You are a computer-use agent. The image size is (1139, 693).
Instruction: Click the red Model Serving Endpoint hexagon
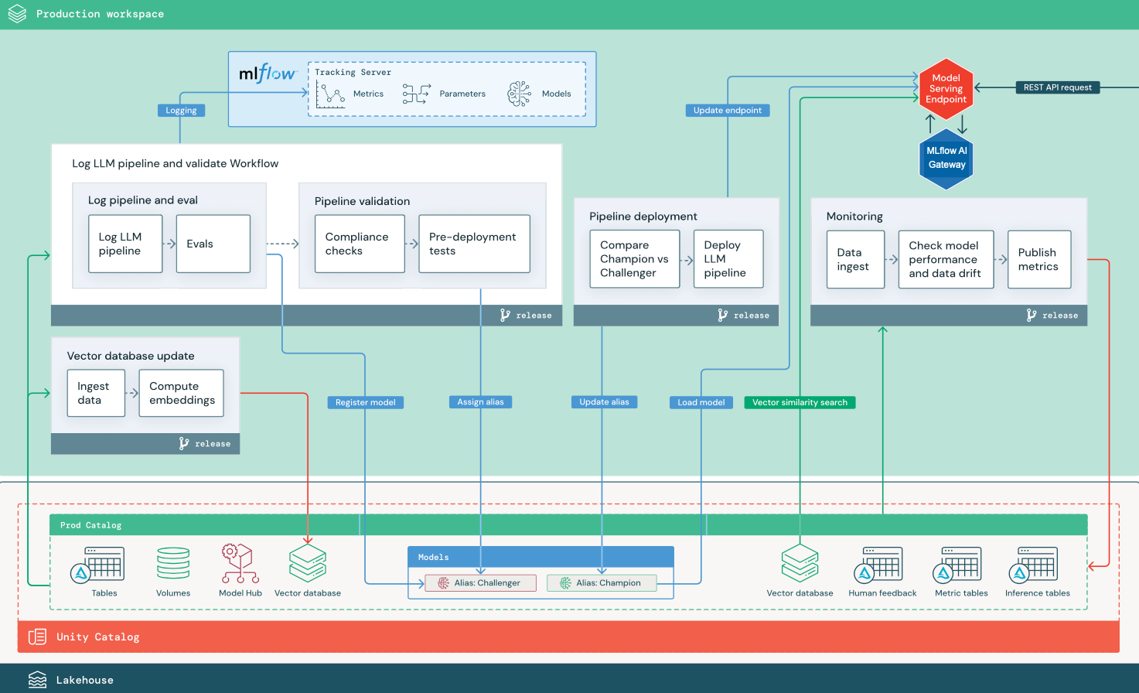(x=946, y=88)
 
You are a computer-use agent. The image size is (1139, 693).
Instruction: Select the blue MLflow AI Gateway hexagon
(x=946, y=159)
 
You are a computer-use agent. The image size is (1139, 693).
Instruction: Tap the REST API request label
(x=1057, y=87)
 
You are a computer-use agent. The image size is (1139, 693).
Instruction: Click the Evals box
(x=213, y=244)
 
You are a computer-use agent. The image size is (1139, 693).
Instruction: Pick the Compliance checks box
(x=360, y=244)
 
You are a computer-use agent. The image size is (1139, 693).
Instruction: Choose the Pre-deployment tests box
(x=474, y=244)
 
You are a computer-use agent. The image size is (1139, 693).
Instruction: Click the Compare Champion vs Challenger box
(x=634, y=259)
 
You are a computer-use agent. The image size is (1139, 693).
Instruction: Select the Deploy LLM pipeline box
(x=728, y=259)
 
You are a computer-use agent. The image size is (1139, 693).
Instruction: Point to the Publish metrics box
(x=1038, y=259)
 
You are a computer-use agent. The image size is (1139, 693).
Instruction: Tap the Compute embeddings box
(x=181, y=393)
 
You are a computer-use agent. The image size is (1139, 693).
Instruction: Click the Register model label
(x=365, y=402)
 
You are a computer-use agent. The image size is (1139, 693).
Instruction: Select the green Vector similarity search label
(x=800, y=402)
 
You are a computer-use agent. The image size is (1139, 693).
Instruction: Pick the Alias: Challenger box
(x=480, y=583)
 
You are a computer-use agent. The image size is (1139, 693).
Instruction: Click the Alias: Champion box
(x=602, y=583)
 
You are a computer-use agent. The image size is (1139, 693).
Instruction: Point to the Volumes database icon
(x=173, y=564)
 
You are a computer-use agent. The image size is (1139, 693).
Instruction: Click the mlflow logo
(x=267, y=73)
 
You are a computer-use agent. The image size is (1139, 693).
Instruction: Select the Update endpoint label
(x=727, y=111)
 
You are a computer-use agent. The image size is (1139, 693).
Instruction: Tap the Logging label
(x=181, y=111)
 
